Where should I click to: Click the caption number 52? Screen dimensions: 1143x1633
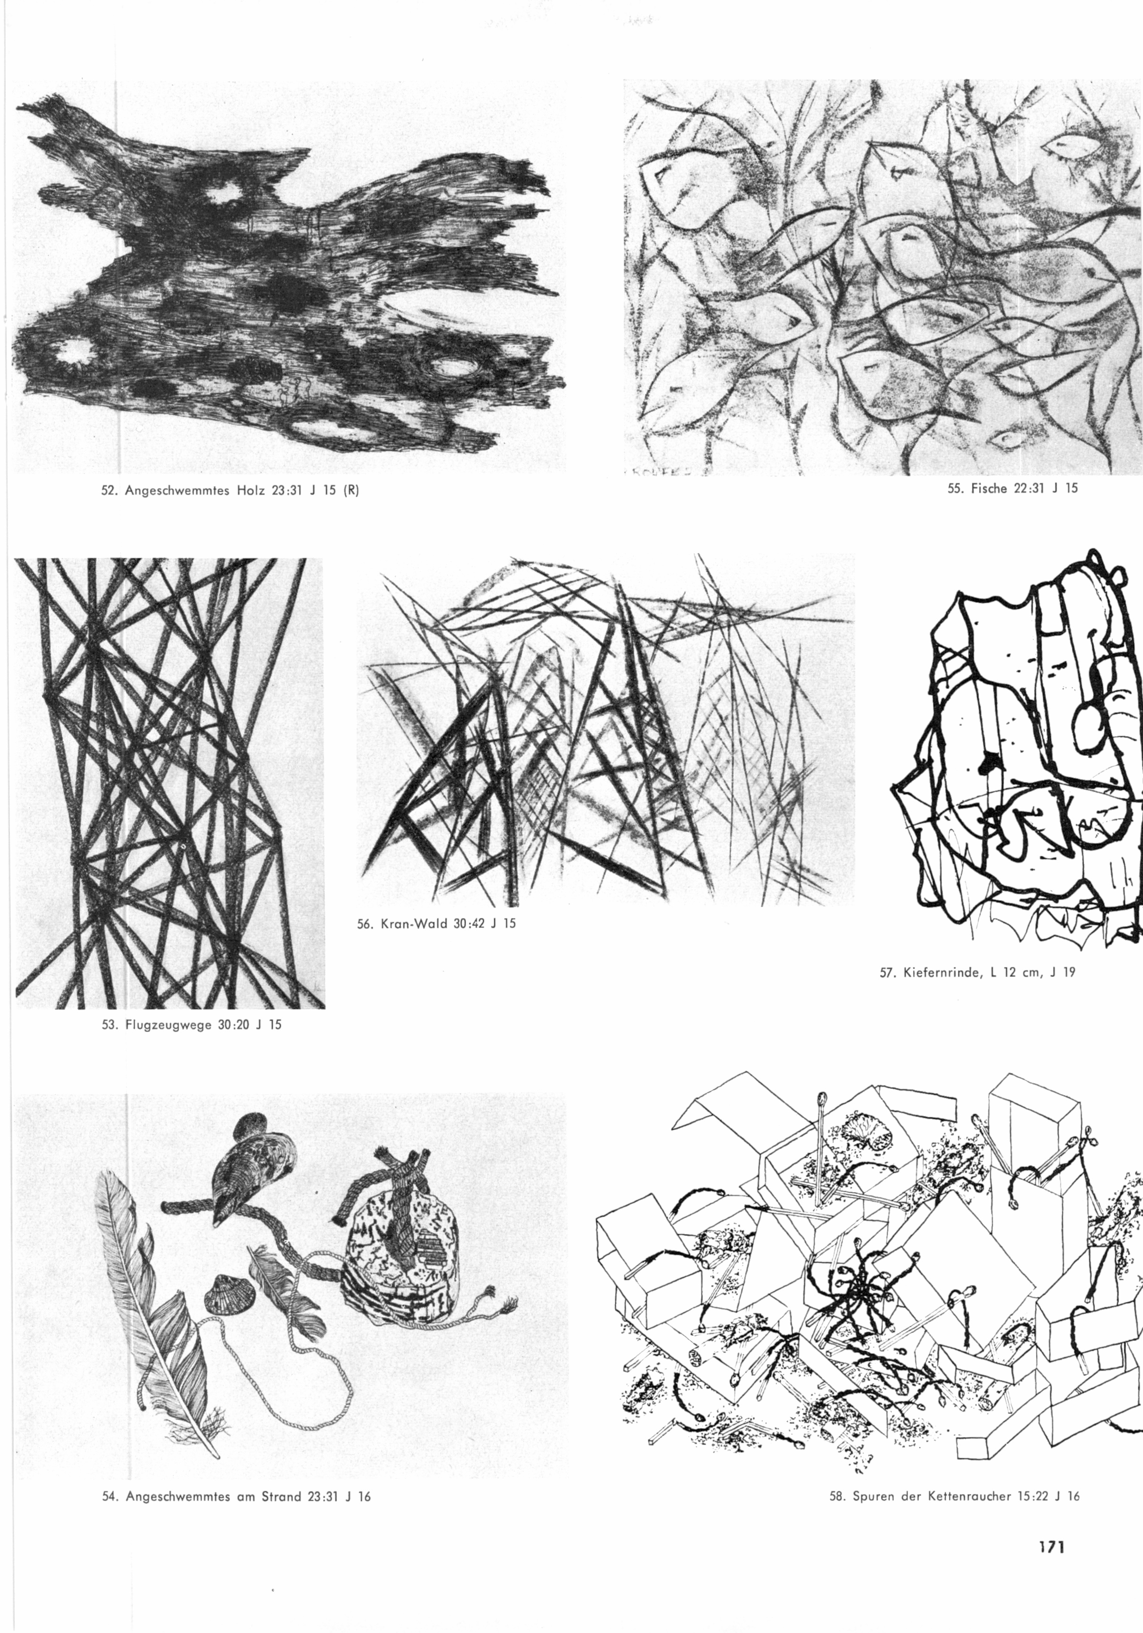pyautogui.click(x=109, y=491)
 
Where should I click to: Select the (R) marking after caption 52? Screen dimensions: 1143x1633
pyautogui.click(x=350, y=491)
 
